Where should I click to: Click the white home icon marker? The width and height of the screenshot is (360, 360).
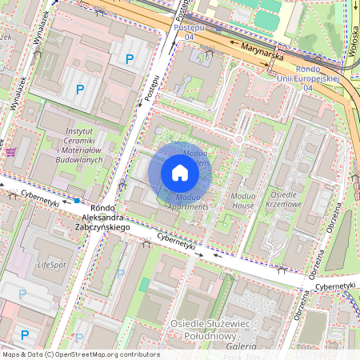(180, 173)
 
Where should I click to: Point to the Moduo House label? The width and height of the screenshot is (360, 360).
(242, 200)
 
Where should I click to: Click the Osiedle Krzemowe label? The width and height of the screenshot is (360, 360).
(286, 200)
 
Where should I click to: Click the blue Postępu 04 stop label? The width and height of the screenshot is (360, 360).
(184, 32)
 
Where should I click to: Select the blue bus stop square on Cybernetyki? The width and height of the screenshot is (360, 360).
(77, 200)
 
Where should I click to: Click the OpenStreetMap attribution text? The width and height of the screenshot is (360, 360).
(80, 354)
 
